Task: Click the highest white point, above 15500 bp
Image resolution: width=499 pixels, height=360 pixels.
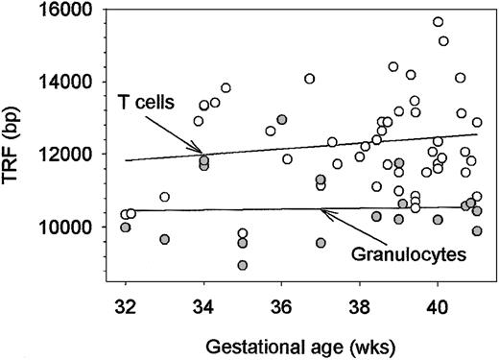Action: [438, 22]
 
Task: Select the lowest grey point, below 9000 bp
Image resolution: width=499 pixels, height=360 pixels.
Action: [243, 265]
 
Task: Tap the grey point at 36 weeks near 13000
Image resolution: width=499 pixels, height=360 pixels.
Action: [282, 120]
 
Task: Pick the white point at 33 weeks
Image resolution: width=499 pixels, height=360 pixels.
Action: [165, 197]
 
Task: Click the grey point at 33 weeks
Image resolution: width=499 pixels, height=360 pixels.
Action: [165, 239]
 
